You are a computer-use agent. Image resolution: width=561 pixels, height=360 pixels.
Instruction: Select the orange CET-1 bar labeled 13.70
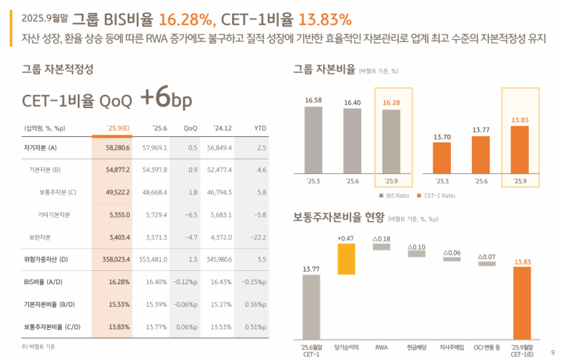coord(441,156)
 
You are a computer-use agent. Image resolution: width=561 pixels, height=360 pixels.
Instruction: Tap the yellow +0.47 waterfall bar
coord(346,259)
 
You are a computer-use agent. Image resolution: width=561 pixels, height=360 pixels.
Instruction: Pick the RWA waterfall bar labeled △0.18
coord(381,247)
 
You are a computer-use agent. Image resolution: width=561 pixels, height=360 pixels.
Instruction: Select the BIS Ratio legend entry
coord(396,196)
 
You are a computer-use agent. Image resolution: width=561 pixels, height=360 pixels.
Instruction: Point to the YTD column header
coord(259,128)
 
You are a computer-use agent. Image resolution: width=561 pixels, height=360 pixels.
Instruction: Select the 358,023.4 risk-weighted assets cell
coord(115,260)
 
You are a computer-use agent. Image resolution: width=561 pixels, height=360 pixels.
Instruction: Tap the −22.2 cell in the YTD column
coord(258,237)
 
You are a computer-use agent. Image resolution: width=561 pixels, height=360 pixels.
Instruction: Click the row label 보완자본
coord(39,237)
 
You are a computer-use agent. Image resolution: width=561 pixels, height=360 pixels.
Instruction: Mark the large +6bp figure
coord(165,99)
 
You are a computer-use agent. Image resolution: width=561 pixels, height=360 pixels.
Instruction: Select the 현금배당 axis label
coord(417,347)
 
